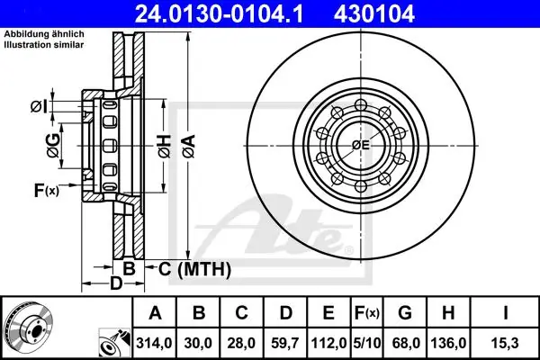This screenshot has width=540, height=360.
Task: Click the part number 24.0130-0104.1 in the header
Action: coord(219,14)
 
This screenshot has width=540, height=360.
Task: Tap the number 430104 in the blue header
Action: coord(374,14)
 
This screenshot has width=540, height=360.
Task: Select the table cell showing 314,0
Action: coord(154,343)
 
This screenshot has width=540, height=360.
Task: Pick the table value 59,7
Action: coord(284,343)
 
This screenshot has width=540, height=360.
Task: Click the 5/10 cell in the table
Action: coord(367,343)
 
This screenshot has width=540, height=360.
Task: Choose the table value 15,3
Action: coord(505,343)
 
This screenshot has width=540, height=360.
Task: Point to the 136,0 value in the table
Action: coord(448,343)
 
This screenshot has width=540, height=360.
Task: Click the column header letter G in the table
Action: coord(405,313)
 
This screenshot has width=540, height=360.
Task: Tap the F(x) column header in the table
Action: coord(367,313)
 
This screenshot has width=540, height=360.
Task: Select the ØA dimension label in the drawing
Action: coord(189,147)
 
